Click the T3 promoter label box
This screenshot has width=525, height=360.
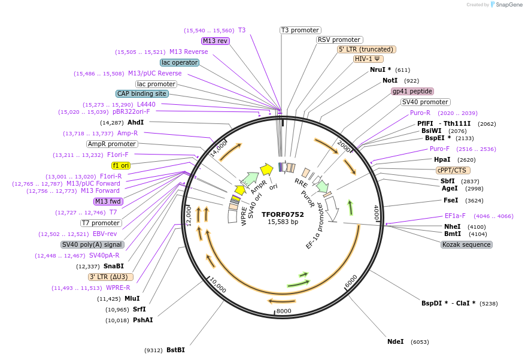pos(301,30)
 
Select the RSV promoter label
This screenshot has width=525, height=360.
pos(339,40)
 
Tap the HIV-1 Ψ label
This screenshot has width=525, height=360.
pos(368,59)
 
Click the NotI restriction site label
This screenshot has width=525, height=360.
pos(390,80)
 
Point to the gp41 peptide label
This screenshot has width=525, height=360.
pos(412,91)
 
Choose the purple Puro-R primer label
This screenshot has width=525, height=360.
pos(420,113)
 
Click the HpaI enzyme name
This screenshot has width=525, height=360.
pos(442,159)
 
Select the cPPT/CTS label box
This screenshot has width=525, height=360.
pos(453,170)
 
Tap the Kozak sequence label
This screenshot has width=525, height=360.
pos(466,244)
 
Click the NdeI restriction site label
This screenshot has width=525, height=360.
pos(396,341)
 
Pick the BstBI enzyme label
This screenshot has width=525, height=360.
pos(175,350)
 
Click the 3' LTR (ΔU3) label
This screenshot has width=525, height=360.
pos(111,277)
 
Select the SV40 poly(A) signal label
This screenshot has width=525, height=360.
pos(92,244)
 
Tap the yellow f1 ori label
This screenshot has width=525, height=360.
pos(121,165)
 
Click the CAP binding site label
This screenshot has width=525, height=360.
pos(142,93)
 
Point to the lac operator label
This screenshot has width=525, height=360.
pos(180,62)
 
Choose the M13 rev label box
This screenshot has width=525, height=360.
pos(215,41)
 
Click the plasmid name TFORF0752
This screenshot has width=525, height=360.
pos(283,214)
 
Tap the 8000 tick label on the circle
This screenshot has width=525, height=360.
pos(284,311)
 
